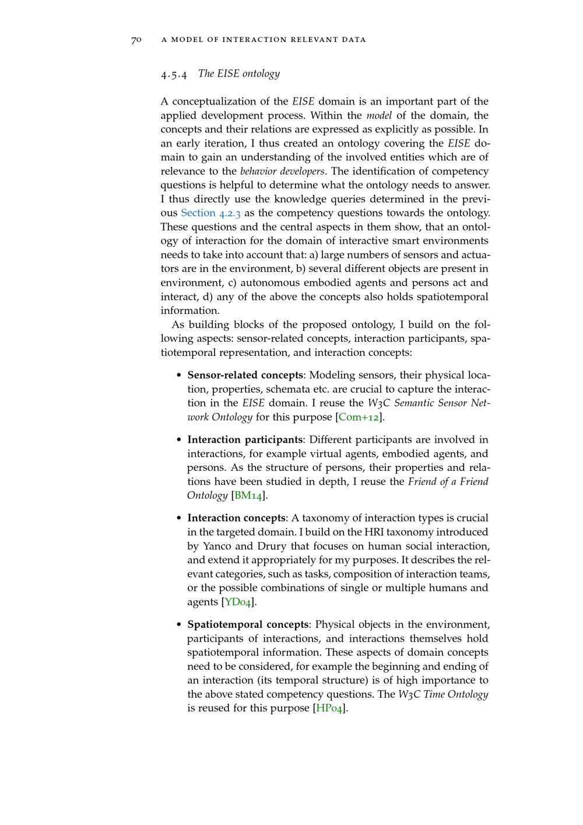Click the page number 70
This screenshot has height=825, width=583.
[136, 40]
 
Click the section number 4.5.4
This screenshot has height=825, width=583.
[174, 74]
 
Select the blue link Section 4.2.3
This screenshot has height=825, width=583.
[210, 213]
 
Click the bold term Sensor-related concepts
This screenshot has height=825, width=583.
[245, 375]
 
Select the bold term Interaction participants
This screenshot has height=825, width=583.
[245, 440]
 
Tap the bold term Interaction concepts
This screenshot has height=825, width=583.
[236, 518]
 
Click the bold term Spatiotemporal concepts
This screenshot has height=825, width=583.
[248, 625]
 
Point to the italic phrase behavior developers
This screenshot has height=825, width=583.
[282, 172]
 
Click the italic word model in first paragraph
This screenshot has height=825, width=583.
[379, 116]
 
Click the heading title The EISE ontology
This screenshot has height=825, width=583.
[239, 74]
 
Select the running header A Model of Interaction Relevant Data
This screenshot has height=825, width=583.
[264, 40]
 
